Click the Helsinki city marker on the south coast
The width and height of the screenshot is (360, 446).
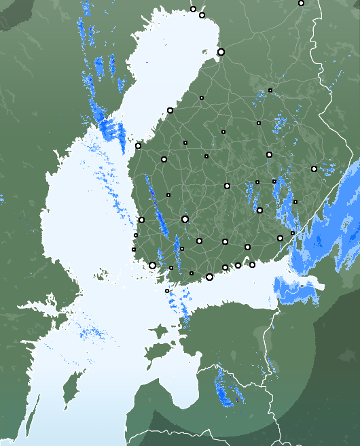point(209,277)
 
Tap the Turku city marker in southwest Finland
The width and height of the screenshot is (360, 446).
point(152,265)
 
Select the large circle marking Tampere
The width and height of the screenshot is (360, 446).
point(185,219)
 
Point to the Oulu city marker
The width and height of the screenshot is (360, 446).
point(221,52)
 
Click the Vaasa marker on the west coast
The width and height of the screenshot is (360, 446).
point(138,145)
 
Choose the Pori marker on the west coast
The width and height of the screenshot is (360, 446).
point(141,220)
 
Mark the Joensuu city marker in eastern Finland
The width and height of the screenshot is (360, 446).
point(314,169)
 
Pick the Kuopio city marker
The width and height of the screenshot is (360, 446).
point(269,155)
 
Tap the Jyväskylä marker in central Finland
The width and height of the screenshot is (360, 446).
point(227,186)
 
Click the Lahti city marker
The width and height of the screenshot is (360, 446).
point(226,241)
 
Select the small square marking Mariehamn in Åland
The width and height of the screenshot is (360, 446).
point(167,291)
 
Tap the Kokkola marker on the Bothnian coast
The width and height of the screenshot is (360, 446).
point(170,110)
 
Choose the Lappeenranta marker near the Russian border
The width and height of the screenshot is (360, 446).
point(280,238)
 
